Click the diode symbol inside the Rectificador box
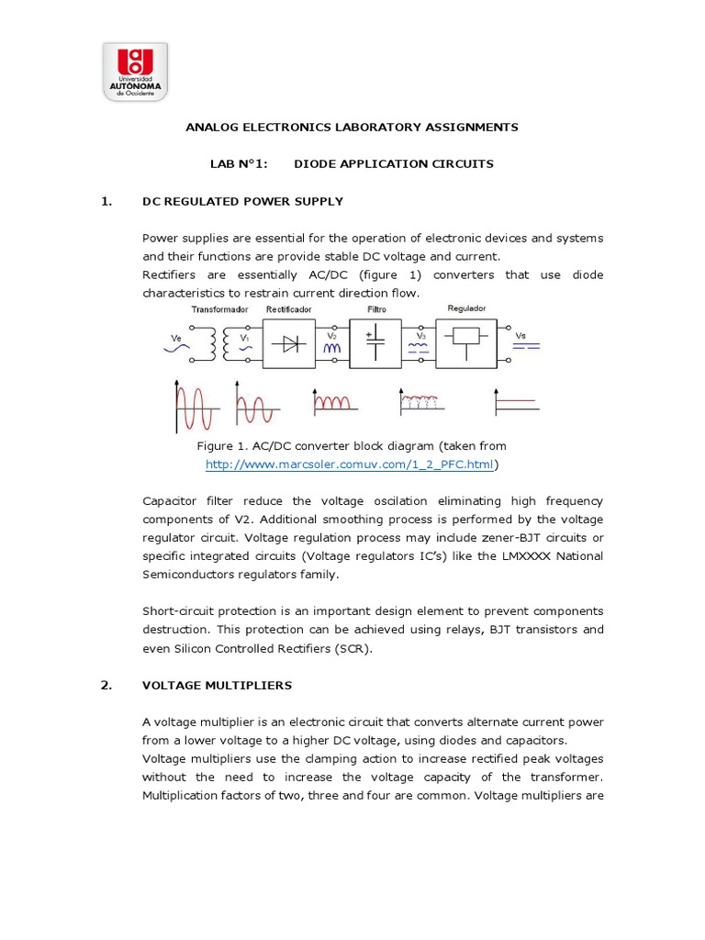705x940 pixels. click(x=293, y=345)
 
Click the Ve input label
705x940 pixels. click(x=177, y=338)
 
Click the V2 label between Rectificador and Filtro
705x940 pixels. click(x=332, y=335)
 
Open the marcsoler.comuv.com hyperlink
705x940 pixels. click(x=350, y=465)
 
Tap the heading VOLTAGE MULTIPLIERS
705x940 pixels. click(x=217, y=685)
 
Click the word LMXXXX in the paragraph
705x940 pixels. click(x=523, y=556)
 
